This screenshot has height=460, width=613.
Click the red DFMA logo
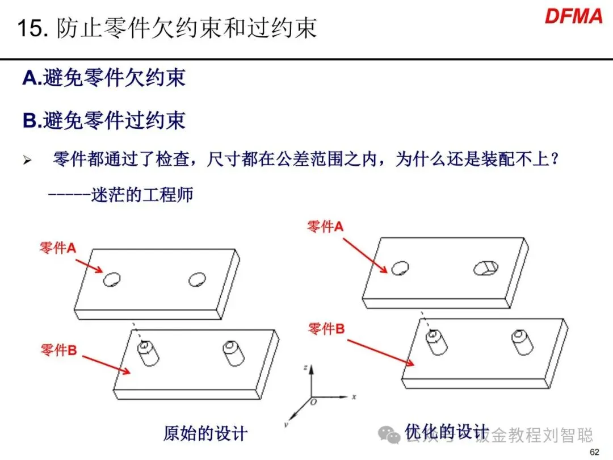[x=573, y=16]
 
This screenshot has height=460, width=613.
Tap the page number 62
[x=595, y=452]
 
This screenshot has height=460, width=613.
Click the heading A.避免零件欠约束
[x=104, y=78]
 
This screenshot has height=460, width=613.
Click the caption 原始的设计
[x=205, y=433]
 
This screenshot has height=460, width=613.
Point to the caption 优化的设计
[x=446, y=431]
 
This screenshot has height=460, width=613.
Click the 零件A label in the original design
[x=57, y=248]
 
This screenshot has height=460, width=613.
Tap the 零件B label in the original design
[x=58, y=350]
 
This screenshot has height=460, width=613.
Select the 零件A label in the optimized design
[x=325, y=227]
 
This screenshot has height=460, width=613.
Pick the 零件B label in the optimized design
[x=326, y=328]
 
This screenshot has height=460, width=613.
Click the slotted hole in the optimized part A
[x=485, y=266]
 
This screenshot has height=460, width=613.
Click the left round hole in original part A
[x=112, y=278]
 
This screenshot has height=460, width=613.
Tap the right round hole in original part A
[x=198, y=278]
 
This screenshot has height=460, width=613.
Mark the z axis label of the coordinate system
[x=305, y=368]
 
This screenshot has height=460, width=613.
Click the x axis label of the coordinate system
[x=354, y=396]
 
